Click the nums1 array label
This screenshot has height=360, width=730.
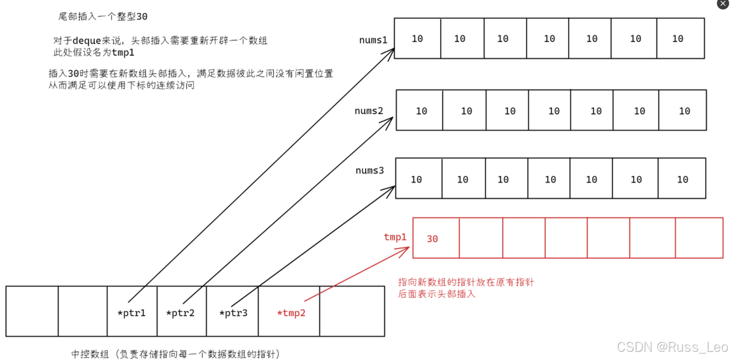click(373, 40)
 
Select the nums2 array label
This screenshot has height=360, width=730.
click(369, 111)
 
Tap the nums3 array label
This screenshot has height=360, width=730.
click(369, 170)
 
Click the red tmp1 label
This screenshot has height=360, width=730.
click(395, 237)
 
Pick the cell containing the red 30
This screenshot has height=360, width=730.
click(436, 238)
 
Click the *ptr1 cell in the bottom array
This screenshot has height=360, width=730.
click(132, 311)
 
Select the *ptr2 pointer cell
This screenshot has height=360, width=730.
click(181, 311)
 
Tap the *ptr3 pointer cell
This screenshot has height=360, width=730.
click(233, 311)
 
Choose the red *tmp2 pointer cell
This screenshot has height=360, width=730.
click(289, 311)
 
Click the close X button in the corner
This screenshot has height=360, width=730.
click(723, 4)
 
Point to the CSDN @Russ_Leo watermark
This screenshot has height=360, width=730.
click(672, 347)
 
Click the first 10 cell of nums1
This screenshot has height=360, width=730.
click(417, 39)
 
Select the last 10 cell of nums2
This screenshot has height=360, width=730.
click(683, 111)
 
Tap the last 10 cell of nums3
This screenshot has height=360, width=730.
click(682, 179)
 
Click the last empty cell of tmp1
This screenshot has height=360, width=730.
click(699, 238)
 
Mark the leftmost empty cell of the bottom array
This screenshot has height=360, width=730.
click(32, 311)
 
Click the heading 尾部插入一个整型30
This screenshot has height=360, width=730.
click(103, 17)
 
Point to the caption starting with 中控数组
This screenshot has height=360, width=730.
click(176, 354)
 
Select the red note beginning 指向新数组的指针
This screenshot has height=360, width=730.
click(466, 287)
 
